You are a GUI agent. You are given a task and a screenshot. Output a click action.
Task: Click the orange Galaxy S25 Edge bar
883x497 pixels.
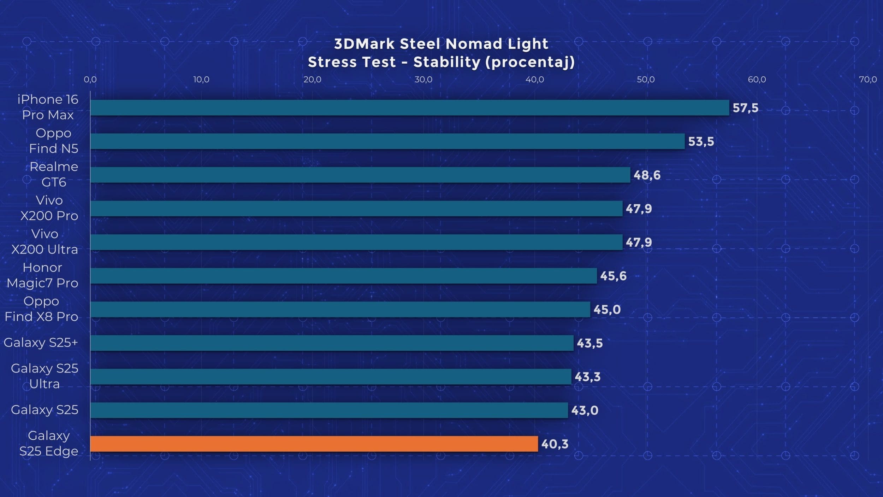click(314, 444)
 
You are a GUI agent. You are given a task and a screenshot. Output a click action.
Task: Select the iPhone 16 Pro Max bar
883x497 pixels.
click(409, 107)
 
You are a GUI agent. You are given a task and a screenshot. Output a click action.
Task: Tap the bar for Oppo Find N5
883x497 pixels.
click(387, 141)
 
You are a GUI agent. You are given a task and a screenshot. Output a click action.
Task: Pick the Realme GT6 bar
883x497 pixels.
click(360, 175)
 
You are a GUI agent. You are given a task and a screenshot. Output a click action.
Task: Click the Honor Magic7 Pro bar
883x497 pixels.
click(343, 276)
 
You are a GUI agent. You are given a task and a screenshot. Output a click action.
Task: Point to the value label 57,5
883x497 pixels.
click(745, 108)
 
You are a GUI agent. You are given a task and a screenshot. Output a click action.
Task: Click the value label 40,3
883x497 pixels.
click(555, 444)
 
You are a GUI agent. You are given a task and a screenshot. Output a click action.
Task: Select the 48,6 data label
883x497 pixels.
click(647, 175)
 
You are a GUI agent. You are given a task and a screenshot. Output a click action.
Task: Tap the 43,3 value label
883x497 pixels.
click(587, 377)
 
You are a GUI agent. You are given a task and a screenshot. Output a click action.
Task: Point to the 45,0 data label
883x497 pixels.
click(607, 310)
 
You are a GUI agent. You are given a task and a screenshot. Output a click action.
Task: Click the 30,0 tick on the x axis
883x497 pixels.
click(423, 80)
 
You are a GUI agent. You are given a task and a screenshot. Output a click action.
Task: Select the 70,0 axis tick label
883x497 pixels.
click(867, 80)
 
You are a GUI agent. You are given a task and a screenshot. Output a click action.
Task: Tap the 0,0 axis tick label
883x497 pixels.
click(90, 80)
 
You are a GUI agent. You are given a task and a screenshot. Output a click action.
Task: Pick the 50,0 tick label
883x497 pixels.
click(645, 80)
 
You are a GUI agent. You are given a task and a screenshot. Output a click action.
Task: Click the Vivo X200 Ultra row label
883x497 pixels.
click(45, 242)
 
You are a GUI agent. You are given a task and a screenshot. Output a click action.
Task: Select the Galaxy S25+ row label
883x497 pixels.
click(41, 343)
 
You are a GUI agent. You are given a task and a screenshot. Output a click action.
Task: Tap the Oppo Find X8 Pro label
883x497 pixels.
click(41, 309)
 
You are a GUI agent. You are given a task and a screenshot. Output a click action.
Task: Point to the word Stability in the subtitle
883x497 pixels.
click(447, 62)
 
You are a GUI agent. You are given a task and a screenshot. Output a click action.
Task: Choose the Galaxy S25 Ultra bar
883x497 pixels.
click(331, 376)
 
